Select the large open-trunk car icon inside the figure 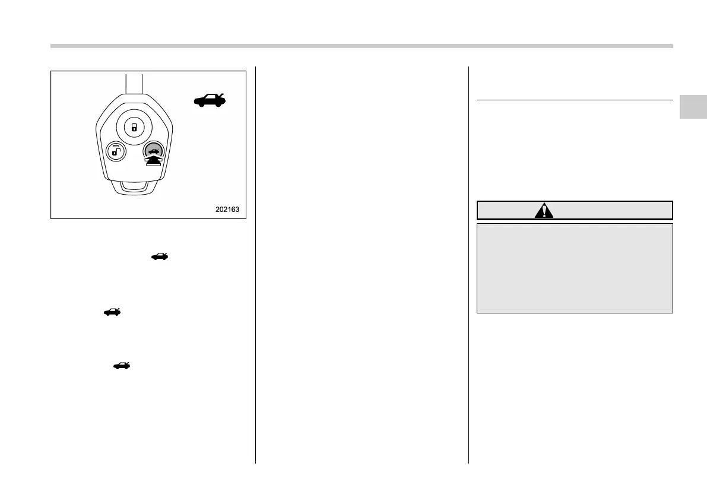tap(210, 100)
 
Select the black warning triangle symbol tap(543, 211)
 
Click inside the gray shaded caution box tap(575, 268)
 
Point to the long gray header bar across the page tap(362, 46)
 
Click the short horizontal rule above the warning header tap(575, 100)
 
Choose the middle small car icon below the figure tap(112, 310)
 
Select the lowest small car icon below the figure tap(121, 366)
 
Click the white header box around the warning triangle tap(575, 211)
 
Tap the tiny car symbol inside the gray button tap(153, 153)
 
